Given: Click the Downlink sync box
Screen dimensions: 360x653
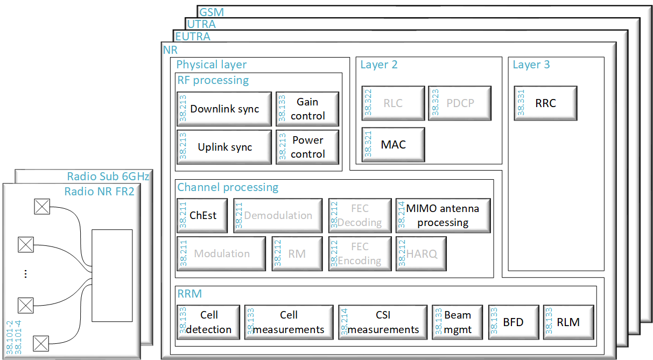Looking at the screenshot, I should (x=224, y=109).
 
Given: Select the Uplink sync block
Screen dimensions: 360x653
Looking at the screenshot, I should (x=224, y=147).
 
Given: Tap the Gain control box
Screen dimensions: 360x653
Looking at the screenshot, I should (x=307, y=109).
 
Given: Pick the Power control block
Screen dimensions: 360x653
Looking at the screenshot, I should (x=307, y=147).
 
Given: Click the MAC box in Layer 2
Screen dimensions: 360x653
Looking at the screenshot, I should (x=393, y=144).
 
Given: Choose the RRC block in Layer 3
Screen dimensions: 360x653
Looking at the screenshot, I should (x=545, y=103).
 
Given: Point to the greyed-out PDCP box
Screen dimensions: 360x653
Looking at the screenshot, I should (x=460, y=103).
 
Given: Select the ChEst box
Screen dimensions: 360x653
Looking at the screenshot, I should (x=202, y=215).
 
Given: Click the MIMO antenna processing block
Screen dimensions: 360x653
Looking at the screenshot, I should (x=443, y=215).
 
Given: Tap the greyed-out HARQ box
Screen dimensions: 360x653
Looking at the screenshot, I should (x=421, y=253).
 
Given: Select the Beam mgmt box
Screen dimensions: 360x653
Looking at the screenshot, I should (x=457, y=322).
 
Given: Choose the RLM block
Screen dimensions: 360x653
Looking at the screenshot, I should (x=568, y=322).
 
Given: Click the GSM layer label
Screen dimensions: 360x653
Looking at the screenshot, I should (x=212, y=12).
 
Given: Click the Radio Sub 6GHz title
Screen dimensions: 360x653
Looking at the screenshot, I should (x=108, y=177).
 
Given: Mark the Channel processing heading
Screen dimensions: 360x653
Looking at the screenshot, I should (x=228, y=187).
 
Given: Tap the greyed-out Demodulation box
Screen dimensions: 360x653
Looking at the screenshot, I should (x=277, y=215).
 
